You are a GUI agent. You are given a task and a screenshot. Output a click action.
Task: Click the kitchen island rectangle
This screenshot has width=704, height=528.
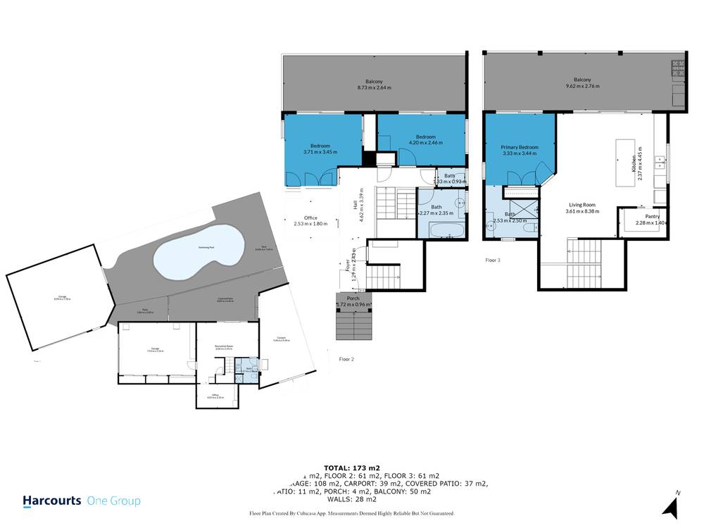pos(624,162)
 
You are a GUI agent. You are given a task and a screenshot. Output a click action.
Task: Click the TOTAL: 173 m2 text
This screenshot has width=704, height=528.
pos(351,467)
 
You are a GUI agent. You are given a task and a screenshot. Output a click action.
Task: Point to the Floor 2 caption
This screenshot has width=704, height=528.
pos(346,359)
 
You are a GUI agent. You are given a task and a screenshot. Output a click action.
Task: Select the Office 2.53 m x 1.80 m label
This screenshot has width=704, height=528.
pos(311,220)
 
